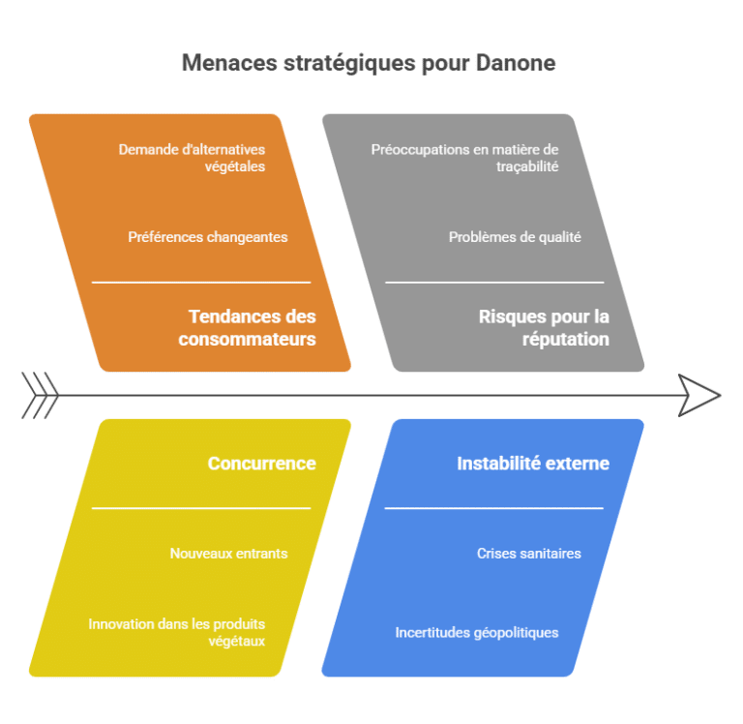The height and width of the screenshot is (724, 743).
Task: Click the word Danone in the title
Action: coord(516,63)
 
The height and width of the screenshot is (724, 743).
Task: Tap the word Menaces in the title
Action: coord(229,63)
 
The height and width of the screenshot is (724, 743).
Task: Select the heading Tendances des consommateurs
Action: coord(247,327)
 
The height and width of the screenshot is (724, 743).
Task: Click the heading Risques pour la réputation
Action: coord(544,327)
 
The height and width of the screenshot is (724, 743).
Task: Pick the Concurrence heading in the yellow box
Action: coord(261,464)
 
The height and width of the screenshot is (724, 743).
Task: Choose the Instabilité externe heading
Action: coord(533,464)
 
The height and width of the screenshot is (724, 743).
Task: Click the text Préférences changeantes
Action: coord(208,236)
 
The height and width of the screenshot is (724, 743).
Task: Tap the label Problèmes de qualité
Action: coord(515,236)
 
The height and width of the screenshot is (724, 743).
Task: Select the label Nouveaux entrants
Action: coord(228,554)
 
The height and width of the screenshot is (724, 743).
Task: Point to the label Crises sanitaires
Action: coord(529,554)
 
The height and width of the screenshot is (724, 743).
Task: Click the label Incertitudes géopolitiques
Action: coord(477,632)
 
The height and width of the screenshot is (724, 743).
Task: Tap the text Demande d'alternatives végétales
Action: coord(192,158)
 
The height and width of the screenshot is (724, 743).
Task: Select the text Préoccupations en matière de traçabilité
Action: coord(464,158)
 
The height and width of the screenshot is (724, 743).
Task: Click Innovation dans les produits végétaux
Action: coord(176,632)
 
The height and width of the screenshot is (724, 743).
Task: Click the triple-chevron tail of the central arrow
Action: coord(40,396)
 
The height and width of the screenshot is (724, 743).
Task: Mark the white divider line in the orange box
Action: coord(201,283)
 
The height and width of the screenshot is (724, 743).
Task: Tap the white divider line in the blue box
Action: coord(493,508)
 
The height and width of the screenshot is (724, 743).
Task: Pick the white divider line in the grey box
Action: coord(494,283)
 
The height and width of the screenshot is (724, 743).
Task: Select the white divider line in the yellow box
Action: coord(201,508)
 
